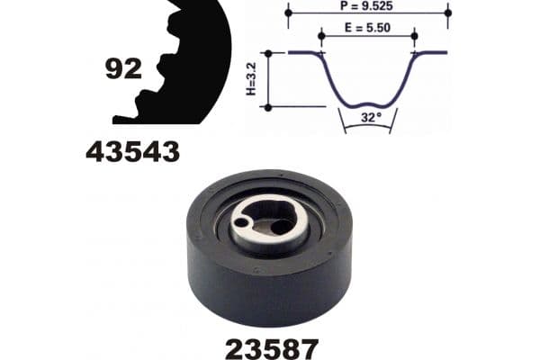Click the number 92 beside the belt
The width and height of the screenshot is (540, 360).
123,68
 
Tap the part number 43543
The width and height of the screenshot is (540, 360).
132,152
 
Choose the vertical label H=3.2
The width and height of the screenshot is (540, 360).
252,79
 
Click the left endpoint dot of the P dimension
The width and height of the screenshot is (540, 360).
288,13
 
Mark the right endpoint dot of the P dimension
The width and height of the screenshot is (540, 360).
447,13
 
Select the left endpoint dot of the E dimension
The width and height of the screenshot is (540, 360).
321,37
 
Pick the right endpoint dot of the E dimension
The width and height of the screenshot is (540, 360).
414,37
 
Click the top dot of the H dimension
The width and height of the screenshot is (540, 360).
266,52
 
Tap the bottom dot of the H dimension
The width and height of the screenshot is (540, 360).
266,107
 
